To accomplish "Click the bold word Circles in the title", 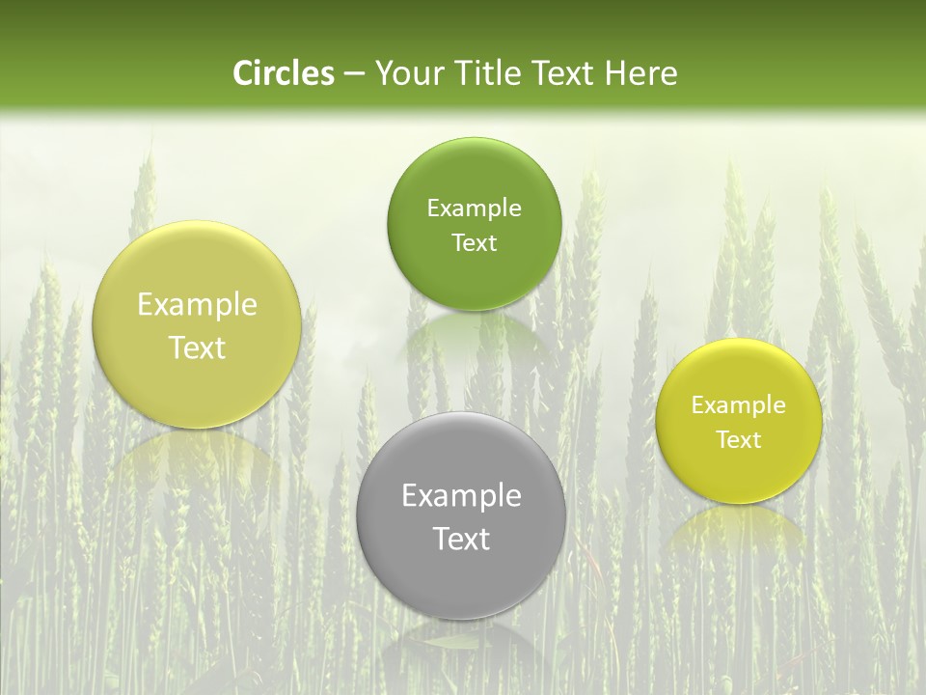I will coord(283,73).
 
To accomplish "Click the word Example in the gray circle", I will coord(461,496).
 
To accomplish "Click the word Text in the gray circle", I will coord(461,539).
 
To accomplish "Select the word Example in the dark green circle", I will coord(474,208).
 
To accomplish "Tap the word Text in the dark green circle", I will coord(474,242).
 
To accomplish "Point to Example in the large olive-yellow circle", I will coord(197,305).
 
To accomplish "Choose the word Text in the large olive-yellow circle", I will coord(197,347).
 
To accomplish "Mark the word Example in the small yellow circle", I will coord(739,405).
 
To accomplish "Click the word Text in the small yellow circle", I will coord(739,439).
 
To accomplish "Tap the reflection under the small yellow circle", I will coord(739,526).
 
